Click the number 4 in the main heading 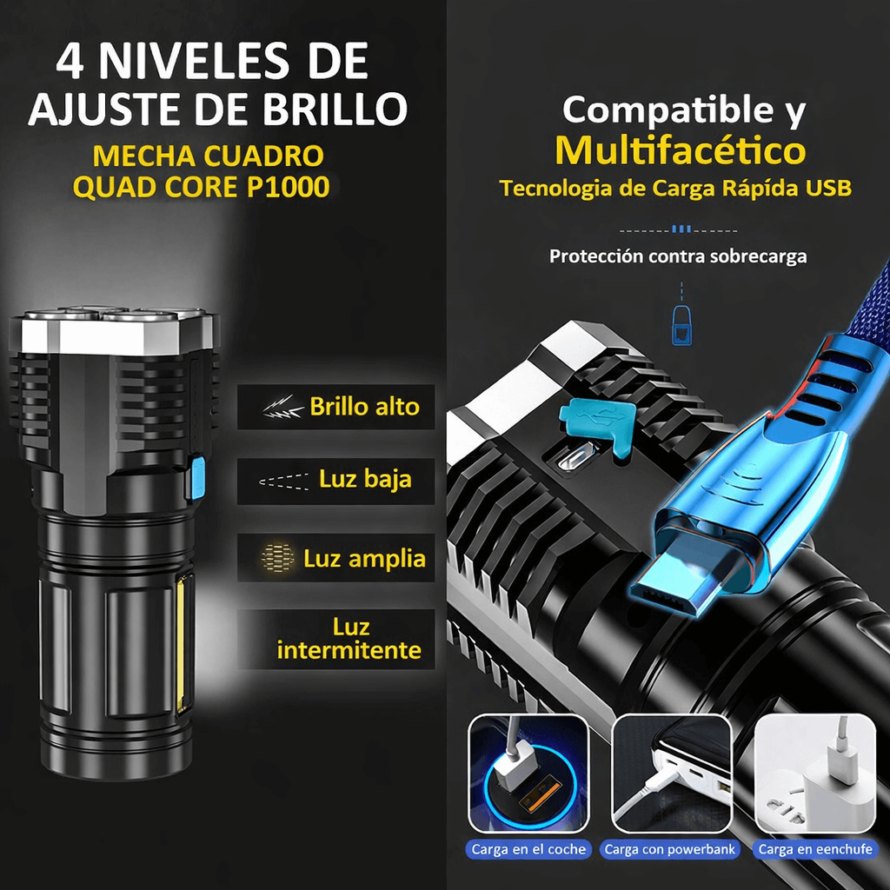(x=70, y=61)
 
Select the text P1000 (x=288, y=187)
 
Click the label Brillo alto (x=364, y=407)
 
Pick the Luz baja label (x=365, y=479)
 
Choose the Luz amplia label (x=364, y=558)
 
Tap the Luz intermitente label (x=349, y=639)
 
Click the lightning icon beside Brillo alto (x=282, y=407)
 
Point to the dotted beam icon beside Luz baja (x=283, y=482)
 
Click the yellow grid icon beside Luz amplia (x=277, y=557)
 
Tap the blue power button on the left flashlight (x=198, y=479)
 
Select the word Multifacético (x=680, y=149)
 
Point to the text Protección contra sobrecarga (x=678, y=256)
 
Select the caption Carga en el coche (x=528, y=849)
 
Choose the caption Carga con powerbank (x=670, y=849)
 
